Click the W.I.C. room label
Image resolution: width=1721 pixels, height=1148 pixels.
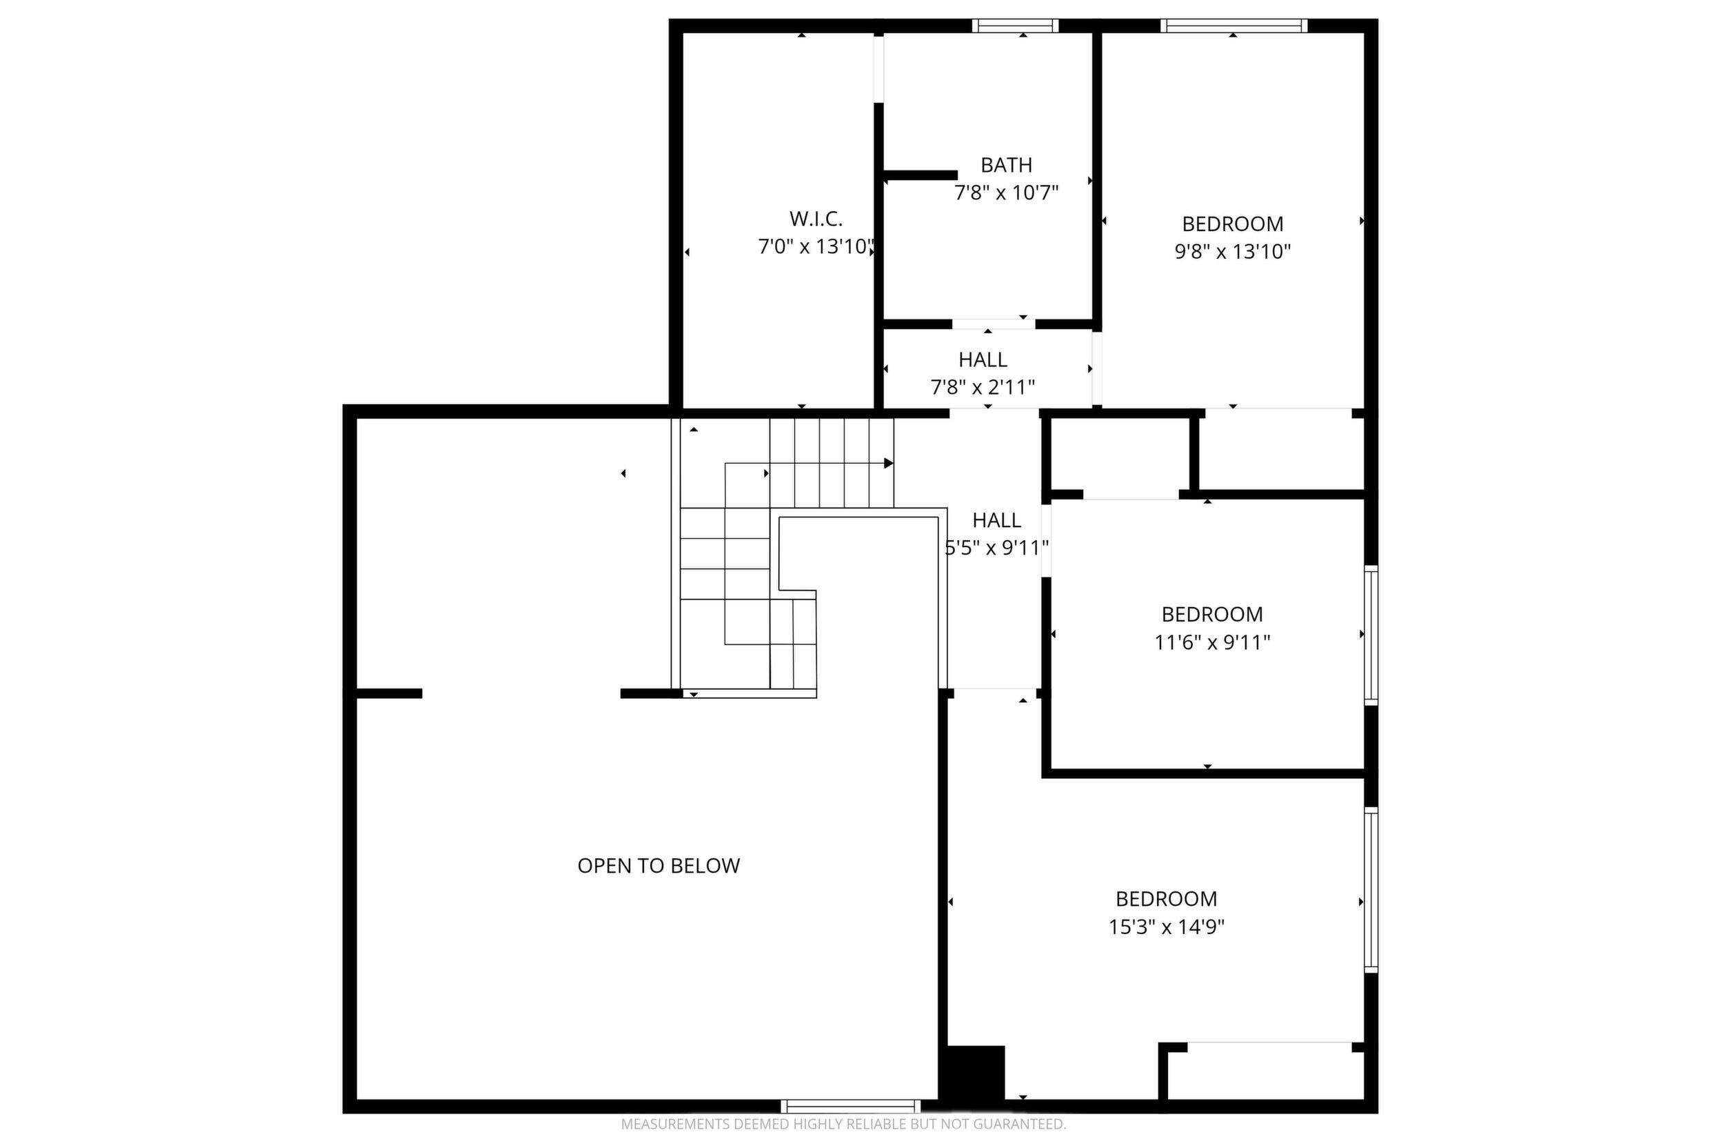[x=816, y=219]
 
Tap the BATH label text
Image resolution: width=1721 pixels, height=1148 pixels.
[x=1006, y=166]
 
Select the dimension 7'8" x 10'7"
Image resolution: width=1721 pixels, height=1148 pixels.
[x=1006, y=193]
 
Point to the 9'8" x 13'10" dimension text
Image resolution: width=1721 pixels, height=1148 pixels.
[x=1232, y=252]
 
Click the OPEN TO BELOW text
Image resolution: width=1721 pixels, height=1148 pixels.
[x=658, y=866]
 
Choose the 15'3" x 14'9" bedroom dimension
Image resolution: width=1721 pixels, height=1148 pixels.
[x=1167, y=927]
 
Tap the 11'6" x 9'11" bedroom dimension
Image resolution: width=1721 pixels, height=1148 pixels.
[x=1211, y=643]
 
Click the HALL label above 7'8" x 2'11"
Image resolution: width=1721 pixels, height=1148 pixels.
[x=983, y=360]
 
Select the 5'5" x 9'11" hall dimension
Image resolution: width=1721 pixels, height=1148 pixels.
[x=996, y=548]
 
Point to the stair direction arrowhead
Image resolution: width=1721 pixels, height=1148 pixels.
[x=888, y=463]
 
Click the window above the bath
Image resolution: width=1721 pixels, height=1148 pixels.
[x=1015, y=26]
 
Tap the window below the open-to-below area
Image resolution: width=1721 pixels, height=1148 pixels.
[x=850, y=1107]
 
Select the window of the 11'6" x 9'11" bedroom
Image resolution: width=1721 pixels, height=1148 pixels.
[x=1371, y=635]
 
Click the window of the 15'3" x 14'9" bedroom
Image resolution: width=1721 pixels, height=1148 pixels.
[x=1371, y=889]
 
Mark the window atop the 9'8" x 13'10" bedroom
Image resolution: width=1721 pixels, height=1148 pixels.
[x=1234, y=26]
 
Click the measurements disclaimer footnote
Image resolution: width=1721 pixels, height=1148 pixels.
[x=844, y=1124]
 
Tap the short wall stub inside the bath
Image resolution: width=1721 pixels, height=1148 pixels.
[x=920, y=175]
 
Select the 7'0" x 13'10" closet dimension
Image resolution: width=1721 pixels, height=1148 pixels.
[x=816, y=247]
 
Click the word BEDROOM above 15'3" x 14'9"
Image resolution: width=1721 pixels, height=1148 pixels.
[x=1167, y=899]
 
